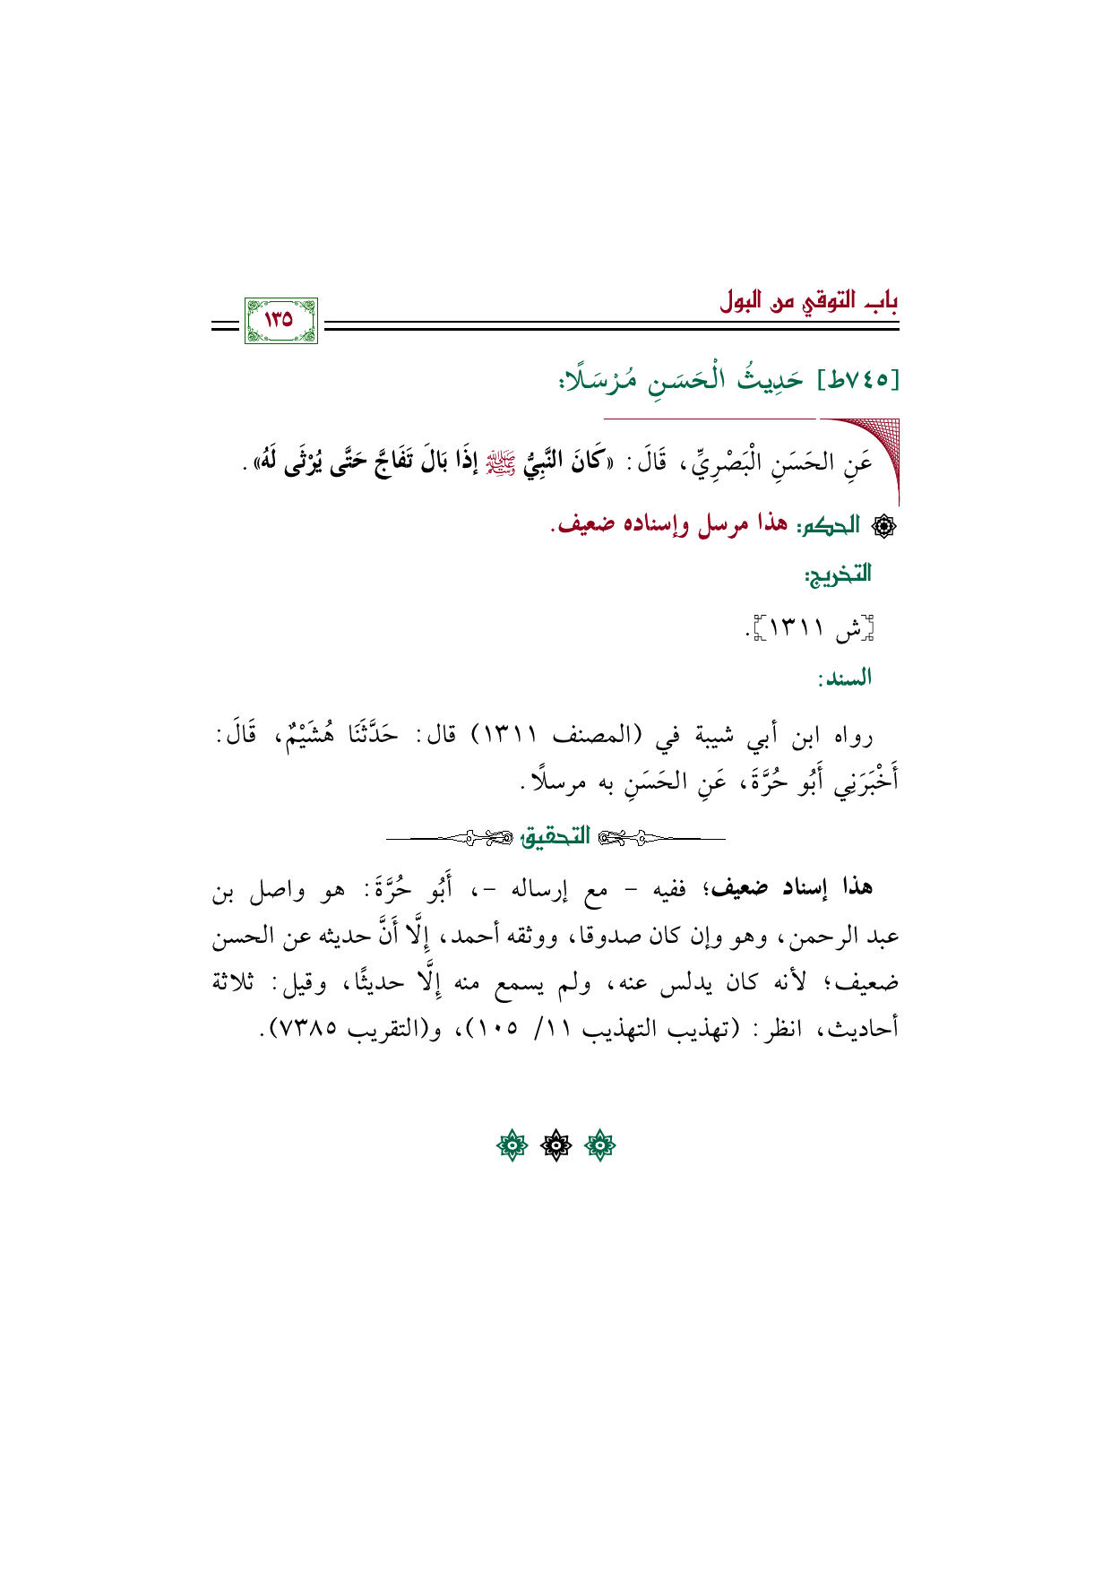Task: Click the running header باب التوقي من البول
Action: click(808, 300)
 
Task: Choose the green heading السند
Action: click(844, 678)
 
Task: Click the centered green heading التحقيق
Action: click(555, 837)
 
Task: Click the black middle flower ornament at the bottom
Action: click(555, 1145)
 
